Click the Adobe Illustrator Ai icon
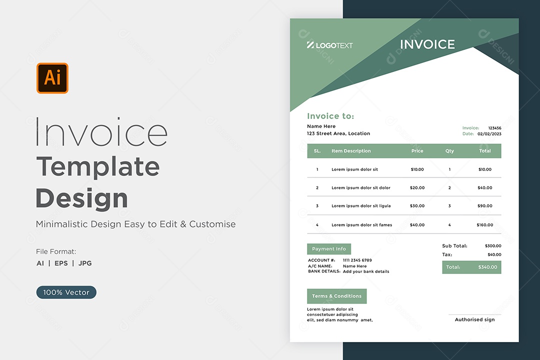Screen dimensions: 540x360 pos(52,78)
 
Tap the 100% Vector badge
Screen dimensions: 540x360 pos(66,292)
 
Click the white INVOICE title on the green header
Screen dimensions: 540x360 pos(427,44)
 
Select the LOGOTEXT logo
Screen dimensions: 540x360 pos(329,45)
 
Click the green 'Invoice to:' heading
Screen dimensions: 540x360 pos(330,116)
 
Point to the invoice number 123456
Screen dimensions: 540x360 pos(494,128)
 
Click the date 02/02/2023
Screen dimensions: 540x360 pos(489,133)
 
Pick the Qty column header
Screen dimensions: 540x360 pos(449,151)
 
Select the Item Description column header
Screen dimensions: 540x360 pos(351,151)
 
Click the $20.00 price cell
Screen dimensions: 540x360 pos(417,188)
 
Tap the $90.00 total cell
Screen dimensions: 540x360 pos(484,205)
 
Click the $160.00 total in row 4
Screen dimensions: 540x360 pos(484,224)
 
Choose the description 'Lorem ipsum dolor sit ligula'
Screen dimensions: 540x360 pos(361,205)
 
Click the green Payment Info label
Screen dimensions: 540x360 pos(329,248)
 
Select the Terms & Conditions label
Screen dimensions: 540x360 pos(337,296)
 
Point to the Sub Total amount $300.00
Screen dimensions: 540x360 pos(493,245)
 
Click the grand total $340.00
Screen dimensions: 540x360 pos(487,267)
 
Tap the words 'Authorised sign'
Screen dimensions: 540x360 pos(474,319)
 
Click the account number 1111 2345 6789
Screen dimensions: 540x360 pos(357,260)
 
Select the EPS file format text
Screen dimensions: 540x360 pos(61,263)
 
